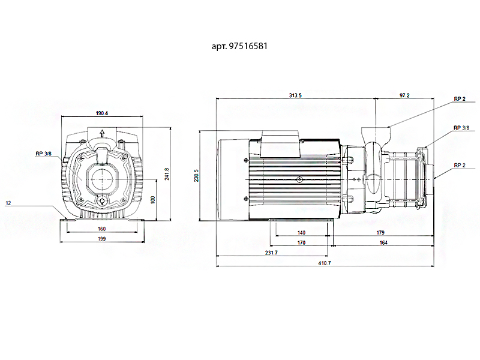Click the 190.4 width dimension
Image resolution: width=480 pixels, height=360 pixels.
coord(102,113)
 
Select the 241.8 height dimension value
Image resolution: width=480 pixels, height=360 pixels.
coord(167,173)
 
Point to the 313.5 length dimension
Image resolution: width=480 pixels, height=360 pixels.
coord(295,95)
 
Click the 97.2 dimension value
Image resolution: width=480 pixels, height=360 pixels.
coord(404,95)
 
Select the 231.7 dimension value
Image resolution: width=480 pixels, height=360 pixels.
coord(271,253)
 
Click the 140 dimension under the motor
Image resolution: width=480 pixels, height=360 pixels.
coord(301,232)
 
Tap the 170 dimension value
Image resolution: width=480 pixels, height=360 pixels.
coord(301,242)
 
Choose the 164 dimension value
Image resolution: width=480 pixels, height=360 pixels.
coord(383,242)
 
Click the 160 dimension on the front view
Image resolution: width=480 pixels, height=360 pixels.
coord(102,229)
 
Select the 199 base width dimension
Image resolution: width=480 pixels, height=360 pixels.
coord(102,239)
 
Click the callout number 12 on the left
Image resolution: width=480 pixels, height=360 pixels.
coord(8,203)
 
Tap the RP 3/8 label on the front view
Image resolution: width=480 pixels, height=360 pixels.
coord(43,154)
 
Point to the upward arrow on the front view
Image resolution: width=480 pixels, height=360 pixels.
coord(103,134)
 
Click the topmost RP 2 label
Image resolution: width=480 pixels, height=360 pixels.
coord(460,99)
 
